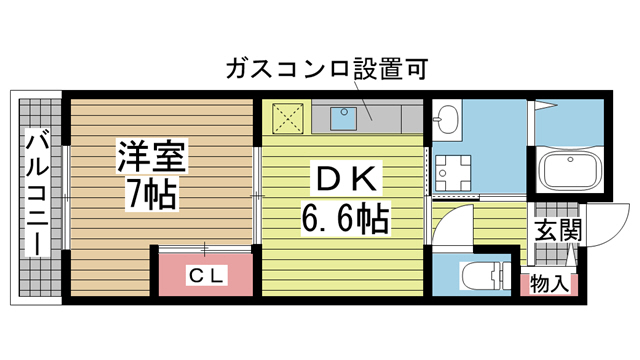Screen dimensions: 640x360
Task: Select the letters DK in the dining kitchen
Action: pyautogui.click(x=345, y=181)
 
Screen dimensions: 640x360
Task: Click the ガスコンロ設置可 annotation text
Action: pyautogui.click(x=328, y=70)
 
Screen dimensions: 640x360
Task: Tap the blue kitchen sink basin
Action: pyautogui.click(x=346, y=119)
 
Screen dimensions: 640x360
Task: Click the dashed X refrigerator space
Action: pyautogui.click(x=286, y=118)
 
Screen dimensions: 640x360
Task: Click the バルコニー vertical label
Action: pyautogui.click(x=37, y=195)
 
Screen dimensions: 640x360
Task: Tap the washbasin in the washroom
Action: pyautogui.click(x=446, y=121)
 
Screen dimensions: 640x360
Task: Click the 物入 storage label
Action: pyautogui.click(x=549, y=284)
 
